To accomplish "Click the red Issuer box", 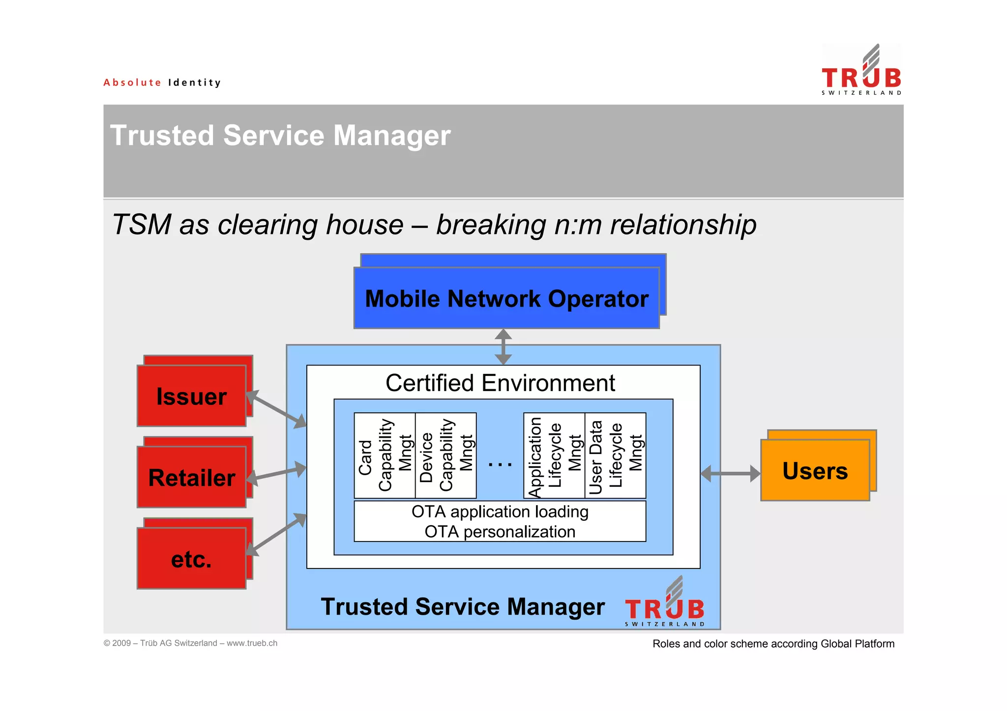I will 191,396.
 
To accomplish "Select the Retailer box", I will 191,477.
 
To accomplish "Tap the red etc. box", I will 191,559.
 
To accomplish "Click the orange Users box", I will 815,470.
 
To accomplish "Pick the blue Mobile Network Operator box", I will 506,298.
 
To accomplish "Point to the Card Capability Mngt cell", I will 385,455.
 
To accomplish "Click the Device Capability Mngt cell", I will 445,455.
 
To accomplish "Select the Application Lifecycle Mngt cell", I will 554,455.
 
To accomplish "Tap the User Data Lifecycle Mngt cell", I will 615,455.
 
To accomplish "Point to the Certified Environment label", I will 500,383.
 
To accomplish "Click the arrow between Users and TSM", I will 731,474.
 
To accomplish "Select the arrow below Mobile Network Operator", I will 503,347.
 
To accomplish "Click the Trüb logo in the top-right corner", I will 861,71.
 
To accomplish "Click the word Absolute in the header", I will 132,83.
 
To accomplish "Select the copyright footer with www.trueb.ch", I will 190,643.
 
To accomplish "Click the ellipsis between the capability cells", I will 500,463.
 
